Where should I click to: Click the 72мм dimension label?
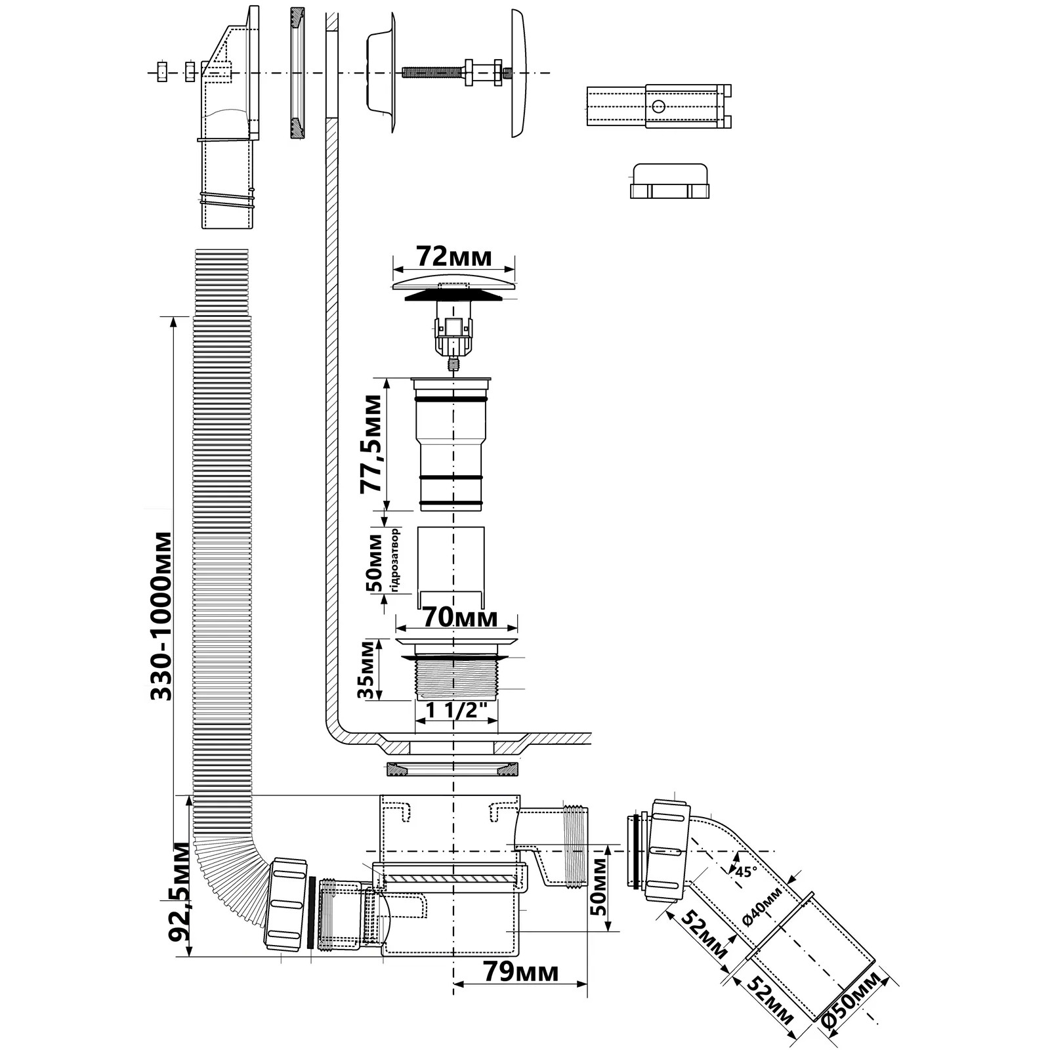point(454,257)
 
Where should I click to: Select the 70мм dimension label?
point(459,618)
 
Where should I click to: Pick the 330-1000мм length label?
point(161,616)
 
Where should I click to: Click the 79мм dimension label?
point(520,972)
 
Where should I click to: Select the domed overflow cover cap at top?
point(518,73)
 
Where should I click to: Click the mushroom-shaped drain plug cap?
point(453,288)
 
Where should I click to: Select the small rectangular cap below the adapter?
point(670,182)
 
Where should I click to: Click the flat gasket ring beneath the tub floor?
point(452,769)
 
